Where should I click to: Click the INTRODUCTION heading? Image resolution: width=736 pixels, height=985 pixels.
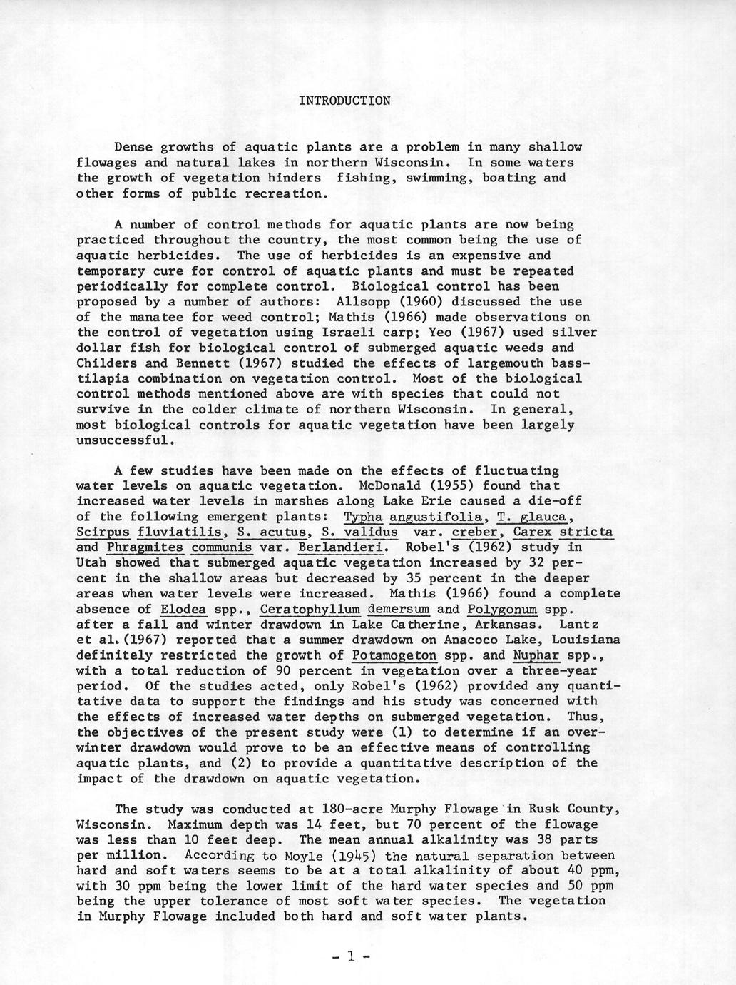click(344, 101)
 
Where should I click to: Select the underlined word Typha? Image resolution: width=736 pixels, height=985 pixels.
click(364, 517)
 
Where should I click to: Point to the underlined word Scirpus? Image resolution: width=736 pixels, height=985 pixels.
click(103, 532)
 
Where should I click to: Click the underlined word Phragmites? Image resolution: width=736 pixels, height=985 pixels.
click(144, 547)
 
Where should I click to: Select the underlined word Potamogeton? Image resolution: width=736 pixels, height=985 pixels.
click(394, 655)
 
